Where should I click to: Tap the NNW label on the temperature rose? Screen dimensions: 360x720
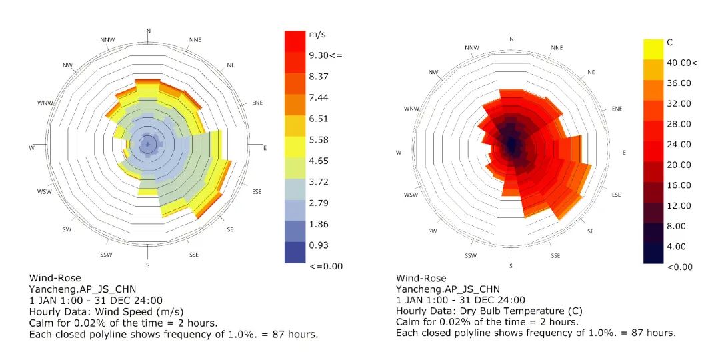[472, 47]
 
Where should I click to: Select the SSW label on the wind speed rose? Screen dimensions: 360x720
[107, 255]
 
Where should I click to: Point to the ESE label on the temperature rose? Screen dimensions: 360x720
[616, 195]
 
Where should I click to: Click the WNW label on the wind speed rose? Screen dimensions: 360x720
[46, 103]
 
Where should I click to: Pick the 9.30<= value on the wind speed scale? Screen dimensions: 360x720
[325, 55]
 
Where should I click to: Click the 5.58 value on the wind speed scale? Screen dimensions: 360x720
[318, 139]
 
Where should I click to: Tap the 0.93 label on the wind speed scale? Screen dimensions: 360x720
[318, 245]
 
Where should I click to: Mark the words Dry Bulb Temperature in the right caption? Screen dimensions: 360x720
[515, 311]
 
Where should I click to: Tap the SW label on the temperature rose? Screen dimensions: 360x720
[433, 231]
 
